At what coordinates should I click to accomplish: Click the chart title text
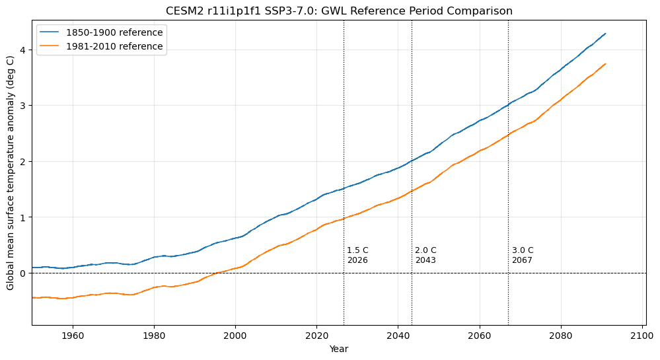click(339, 11)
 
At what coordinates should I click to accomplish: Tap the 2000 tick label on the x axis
click(235, 336)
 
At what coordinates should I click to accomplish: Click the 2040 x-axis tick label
click(398, 336)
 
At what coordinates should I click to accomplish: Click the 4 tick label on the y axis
click(22, 50)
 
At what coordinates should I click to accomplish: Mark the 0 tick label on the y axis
click(22, 273)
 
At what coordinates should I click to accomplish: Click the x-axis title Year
click(339, 349)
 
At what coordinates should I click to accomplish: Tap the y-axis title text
click(10, 173)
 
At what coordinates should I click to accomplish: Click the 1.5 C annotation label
click(357, 250)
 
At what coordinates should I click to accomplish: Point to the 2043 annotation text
click(425, 260)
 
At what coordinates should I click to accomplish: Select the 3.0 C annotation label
click(523, 250)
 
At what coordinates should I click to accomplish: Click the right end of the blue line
click(605, 34)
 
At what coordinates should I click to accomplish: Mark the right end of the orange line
click(605, 64)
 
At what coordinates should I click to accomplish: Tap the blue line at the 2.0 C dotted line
click(412, 161)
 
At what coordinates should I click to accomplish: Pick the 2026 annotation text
click(357, 260)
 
